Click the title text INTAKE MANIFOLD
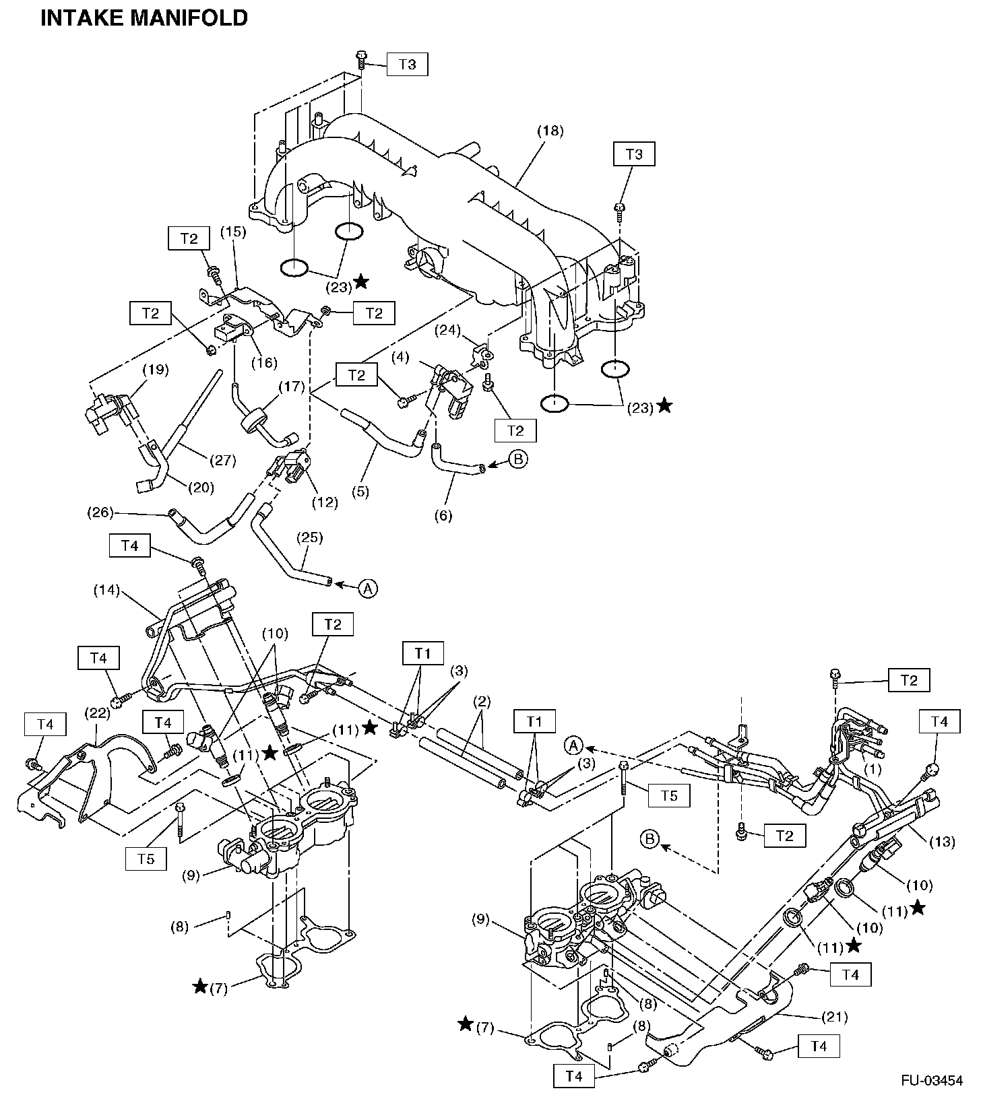coord(144,18)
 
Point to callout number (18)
coord(550,131)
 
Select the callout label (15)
coord(233,232)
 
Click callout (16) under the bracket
coord(263,362)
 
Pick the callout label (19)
coord(155,370)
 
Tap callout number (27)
coord(223,461)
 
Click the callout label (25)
coord(310,537)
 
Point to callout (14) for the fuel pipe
coord(106,591)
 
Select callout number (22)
coord(96,712)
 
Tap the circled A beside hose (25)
coord(367,588)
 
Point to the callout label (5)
coord(360,492)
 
